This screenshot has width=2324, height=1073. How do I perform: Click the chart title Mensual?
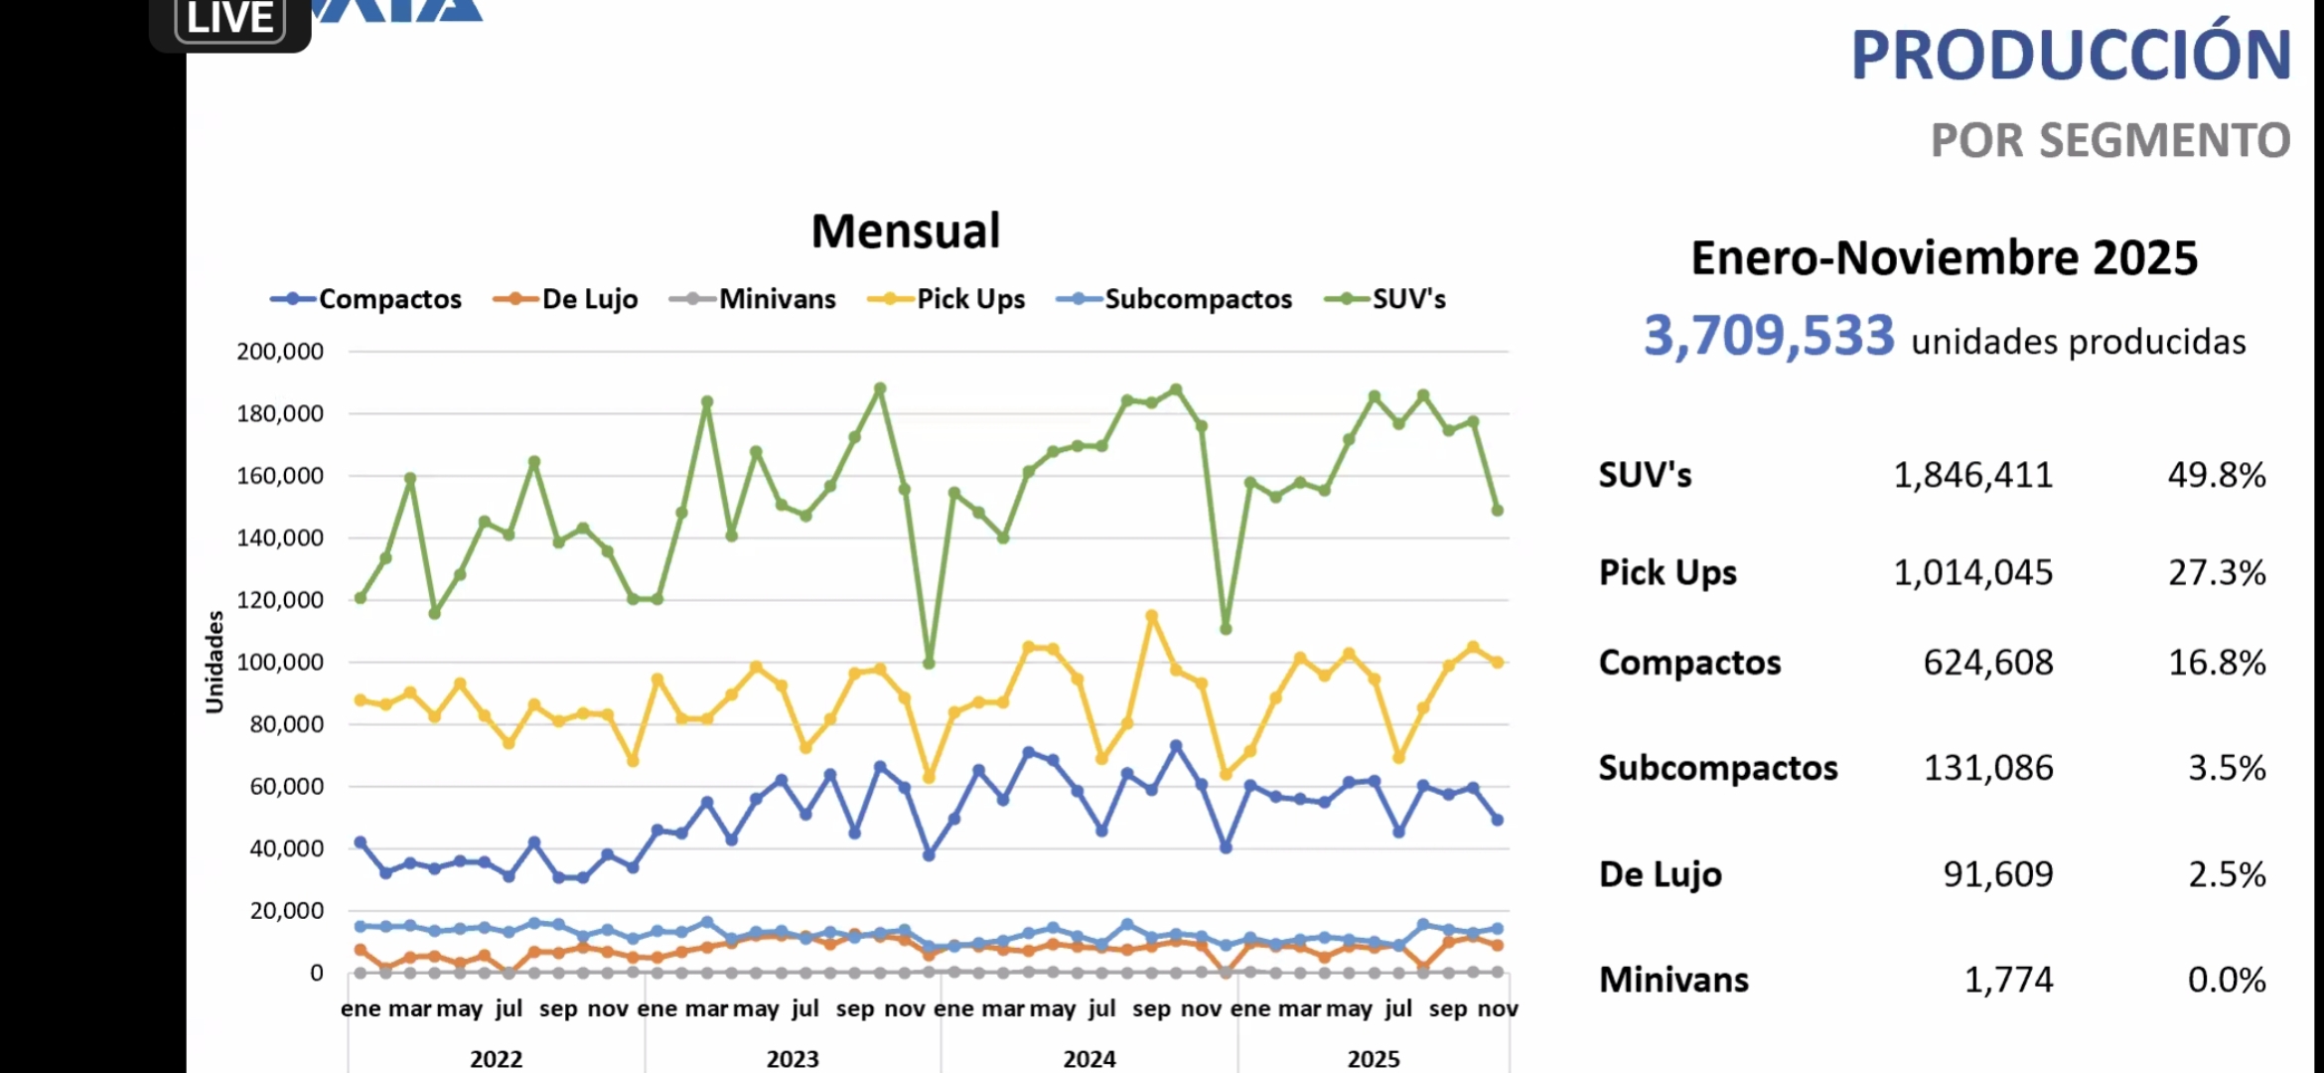pos(906,231)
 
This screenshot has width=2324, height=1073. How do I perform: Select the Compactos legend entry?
pos(366,299)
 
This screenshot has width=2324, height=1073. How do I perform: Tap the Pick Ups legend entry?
pos(947,299)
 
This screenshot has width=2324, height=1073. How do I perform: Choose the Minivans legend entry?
pos(754,299)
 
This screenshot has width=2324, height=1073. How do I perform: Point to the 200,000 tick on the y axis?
pos(280,352)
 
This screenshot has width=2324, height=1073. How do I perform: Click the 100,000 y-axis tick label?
pos(280,663)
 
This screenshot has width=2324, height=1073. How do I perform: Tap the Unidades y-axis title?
pos(215,662)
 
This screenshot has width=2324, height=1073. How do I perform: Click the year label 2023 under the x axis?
pos(793,1059)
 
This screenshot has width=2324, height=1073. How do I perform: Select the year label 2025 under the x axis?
pos(1374,1059)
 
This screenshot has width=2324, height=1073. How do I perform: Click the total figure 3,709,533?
pos(1769,336)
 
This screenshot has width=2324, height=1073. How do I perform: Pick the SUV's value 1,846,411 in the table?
pos(1972,476)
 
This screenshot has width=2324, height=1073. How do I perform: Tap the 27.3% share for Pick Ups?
pos(2217,573)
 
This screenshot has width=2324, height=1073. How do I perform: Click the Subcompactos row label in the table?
pos(1718,768)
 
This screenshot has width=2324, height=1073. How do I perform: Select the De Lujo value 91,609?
pos(1998,874)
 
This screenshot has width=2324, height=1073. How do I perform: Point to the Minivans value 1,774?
pos(2008,981)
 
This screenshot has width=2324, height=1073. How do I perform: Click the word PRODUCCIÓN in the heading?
pos(2072,56)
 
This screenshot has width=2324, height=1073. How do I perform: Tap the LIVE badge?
pos(230,20)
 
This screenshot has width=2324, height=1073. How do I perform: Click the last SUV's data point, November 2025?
pos(1498,511)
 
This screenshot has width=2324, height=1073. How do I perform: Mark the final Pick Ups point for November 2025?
pos(1498,662)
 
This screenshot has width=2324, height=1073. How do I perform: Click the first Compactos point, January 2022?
pos(361,843)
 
